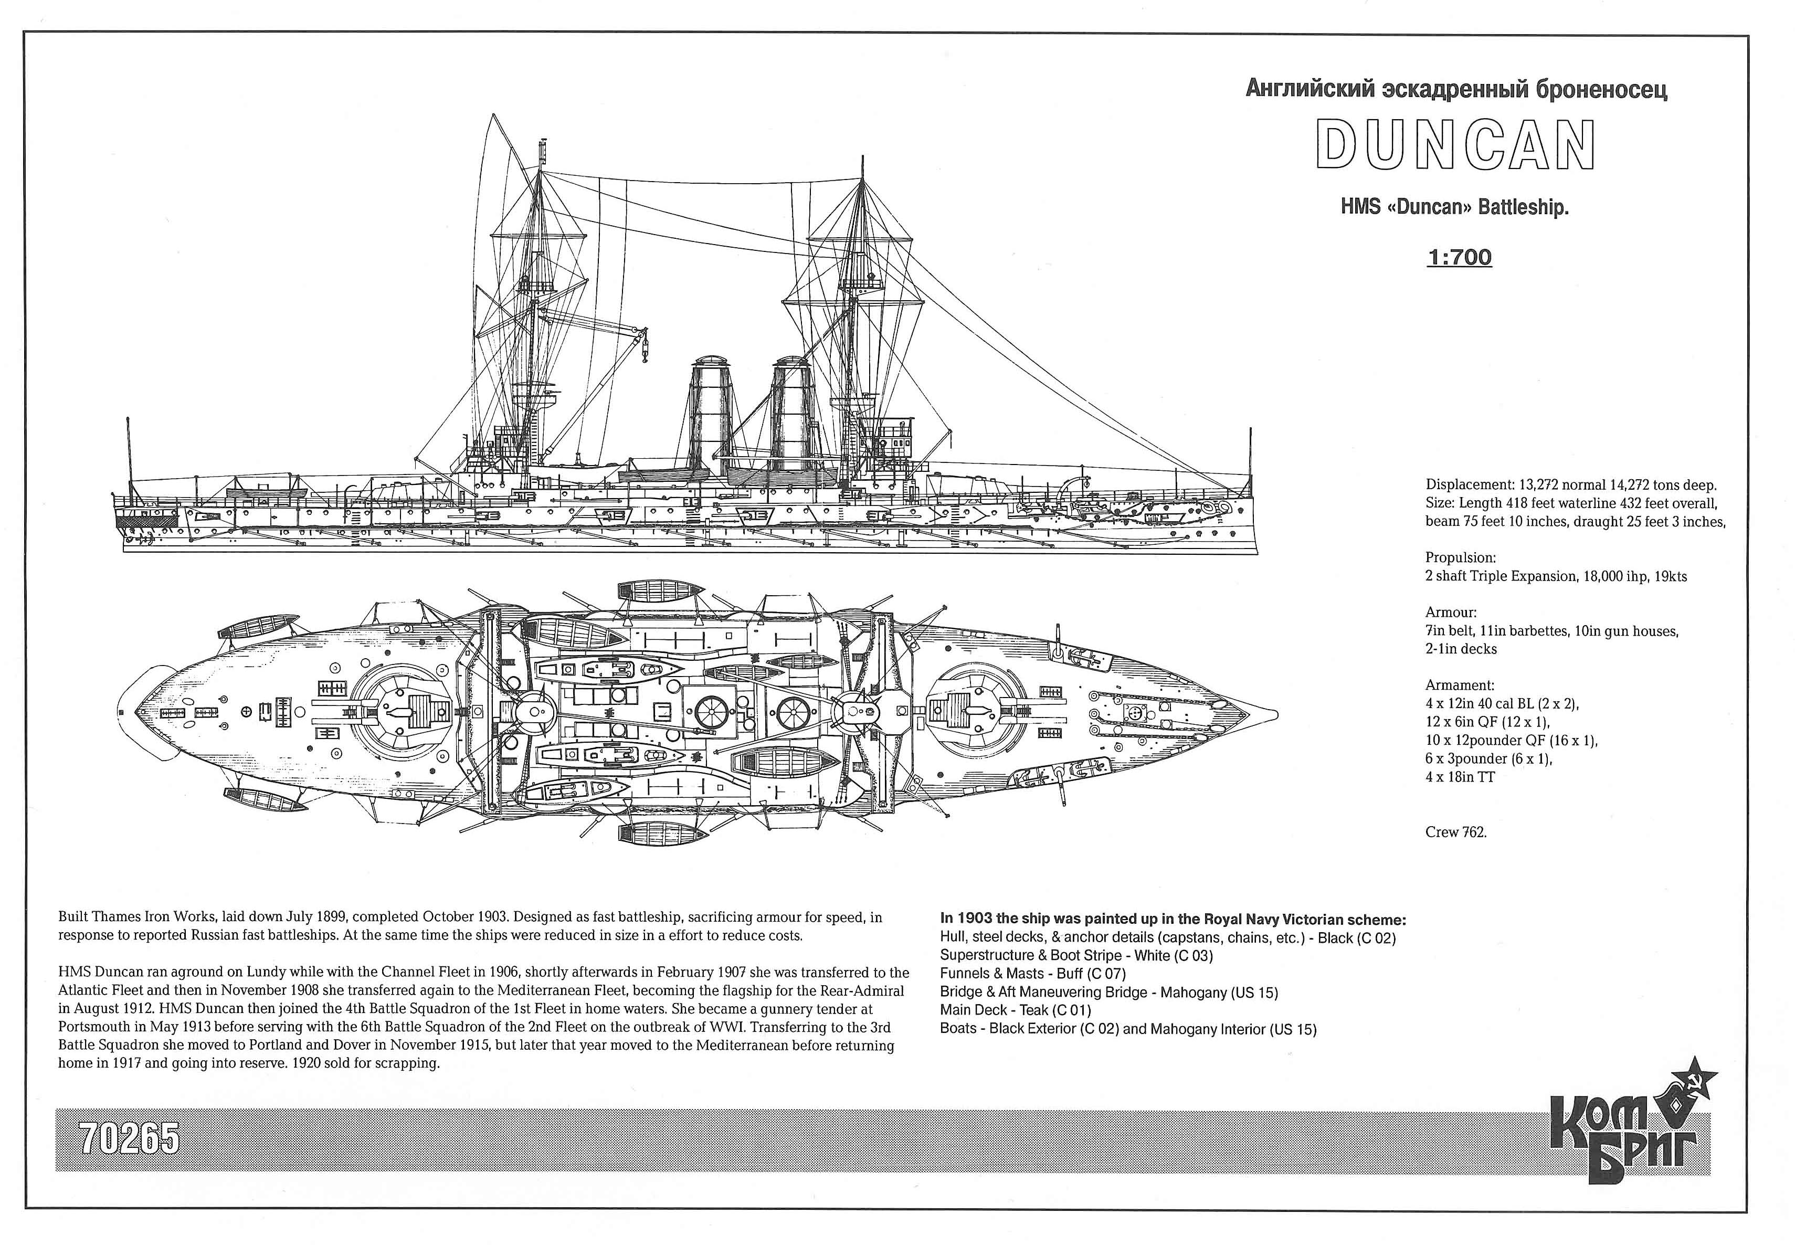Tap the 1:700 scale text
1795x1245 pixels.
click(1459, 257)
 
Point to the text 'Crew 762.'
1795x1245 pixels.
click(1455, 832)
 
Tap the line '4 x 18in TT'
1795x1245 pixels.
click(1460, 777)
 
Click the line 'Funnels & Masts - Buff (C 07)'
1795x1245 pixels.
click(1033, 974)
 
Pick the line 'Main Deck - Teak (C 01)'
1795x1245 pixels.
click(1015, 1011)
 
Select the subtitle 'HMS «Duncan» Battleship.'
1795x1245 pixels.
click(1454, 207)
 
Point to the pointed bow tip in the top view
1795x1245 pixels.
click(1277, 714)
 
